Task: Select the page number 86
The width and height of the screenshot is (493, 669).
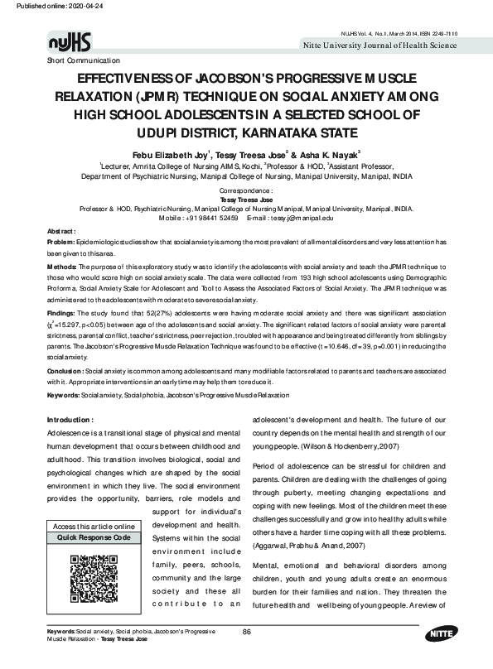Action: coord(246,655)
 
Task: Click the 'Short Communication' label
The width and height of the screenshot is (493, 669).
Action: coord(83,60)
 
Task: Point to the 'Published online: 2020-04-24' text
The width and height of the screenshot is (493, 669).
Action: coord(48,6)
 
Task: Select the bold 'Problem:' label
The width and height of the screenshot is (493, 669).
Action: coord(61,218)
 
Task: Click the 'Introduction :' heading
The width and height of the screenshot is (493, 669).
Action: coord(75,421)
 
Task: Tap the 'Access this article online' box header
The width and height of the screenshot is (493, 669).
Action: coord(93,527)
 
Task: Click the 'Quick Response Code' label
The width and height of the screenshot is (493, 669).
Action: coord(93,537)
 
